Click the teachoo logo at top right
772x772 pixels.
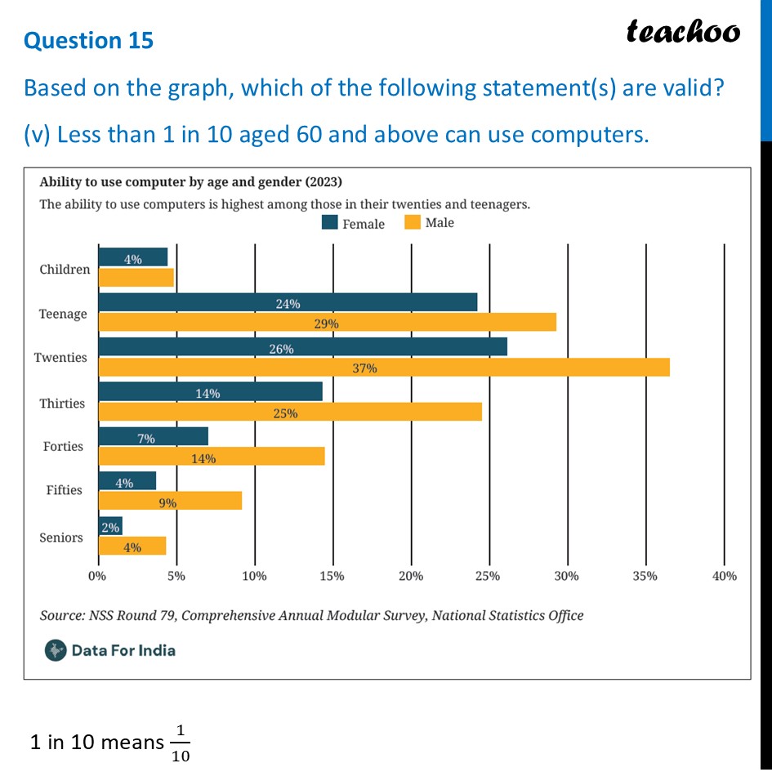683,32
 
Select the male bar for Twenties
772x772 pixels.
384,368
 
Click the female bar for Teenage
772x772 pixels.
288,302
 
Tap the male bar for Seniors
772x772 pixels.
132,547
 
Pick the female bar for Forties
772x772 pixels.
153,435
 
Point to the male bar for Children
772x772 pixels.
136,278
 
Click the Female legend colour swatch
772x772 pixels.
330,223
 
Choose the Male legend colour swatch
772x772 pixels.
412,223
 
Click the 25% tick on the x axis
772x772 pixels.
489,576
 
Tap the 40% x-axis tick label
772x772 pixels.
724,576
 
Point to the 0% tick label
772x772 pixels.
97,576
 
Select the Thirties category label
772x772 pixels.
62,404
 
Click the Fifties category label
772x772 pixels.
64,490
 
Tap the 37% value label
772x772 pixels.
365,368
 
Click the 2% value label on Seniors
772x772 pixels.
109,528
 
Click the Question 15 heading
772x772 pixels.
88,40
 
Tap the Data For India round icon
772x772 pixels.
56,650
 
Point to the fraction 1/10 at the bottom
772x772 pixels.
181,743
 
